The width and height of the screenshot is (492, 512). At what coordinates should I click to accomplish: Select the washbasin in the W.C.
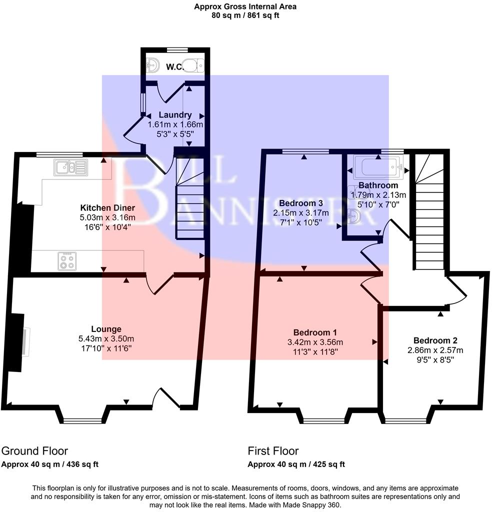(x=152, y=65)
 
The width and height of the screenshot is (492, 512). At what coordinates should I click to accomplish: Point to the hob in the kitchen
(x=66, y=260)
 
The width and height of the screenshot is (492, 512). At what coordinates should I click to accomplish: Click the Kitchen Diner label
(x=107, y=207)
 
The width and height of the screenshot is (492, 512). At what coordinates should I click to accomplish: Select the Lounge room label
(x=106, y=329)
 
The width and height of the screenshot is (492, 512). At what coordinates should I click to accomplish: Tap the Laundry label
(x=175, y=115)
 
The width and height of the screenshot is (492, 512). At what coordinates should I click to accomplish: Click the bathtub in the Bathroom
(x=377, y=167)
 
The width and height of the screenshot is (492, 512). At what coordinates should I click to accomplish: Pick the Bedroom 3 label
(x=300, y=203)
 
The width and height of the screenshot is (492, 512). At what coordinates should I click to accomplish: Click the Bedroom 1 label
(x=314, y=332)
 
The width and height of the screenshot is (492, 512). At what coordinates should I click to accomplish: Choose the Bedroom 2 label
(x=434, y=340)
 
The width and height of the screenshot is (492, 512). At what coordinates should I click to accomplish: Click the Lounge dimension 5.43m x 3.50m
(x=106, y=338)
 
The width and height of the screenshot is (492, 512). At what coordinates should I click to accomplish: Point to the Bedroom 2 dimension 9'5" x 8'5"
(x=434, y=359)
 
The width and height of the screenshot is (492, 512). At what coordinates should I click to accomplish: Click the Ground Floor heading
(x=34, y=451)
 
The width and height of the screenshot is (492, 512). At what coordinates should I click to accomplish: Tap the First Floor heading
(x=273, y=451)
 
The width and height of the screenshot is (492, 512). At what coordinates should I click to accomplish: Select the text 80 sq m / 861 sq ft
(x=245, y=15)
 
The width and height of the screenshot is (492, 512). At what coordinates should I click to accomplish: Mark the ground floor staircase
(x=189, y=210)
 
